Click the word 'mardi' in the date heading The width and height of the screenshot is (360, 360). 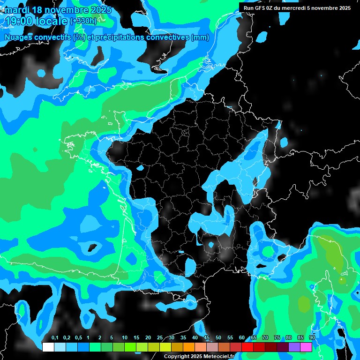16,10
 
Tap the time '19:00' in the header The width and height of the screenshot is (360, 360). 21,21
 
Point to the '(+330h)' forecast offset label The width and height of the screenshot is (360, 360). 83,21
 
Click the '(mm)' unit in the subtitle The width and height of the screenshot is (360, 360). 200,37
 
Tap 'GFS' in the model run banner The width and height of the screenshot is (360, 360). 260,8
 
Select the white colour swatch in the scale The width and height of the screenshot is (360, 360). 48,347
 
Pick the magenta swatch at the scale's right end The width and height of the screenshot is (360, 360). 306,347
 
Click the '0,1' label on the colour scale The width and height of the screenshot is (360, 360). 55,338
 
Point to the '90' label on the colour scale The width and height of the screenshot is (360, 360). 312,338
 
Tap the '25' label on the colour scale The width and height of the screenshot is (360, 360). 160,338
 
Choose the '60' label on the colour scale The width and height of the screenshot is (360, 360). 242,338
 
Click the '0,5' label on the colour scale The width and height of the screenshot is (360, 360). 78,338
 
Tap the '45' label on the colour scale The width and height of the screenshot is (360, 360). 207,338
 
